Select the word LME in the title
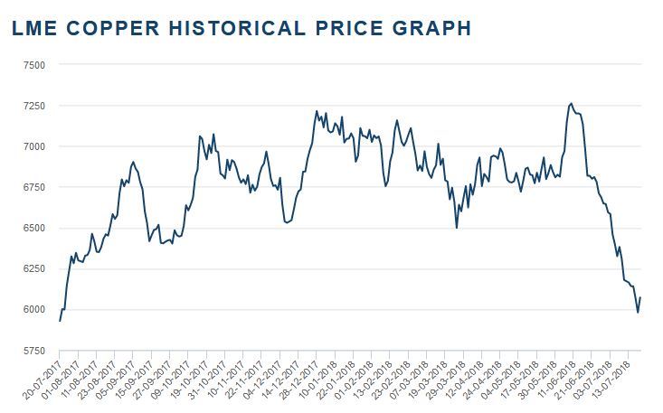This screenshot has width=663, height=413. tap(33, 29)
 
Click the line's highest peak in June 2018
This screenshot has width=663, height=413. tap(570, 103)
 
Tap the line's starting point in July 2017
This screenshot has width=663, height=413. tap(60, 321)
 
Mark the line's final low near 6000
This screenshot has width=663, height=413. tap(638, 313)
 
